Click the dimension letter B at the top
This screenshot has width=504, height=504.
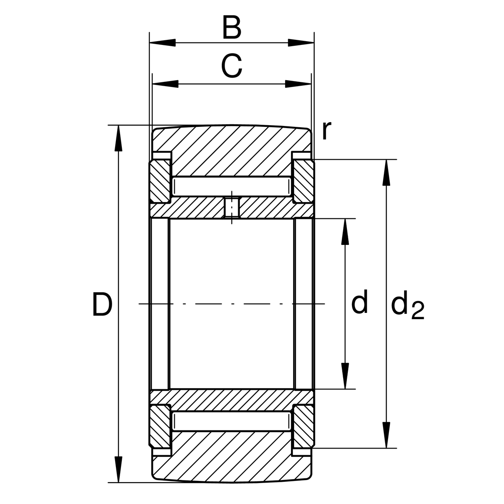[x=232, y=27]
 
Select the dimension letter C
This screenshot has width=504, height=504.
[x=231, y=66]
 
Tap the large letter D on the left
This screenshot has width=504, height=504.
[x=102, y=304]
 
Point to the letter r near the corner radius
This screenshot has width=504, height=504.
[x=327, y=130]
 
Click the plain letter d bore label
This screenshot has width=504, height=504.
[x=360, y=301]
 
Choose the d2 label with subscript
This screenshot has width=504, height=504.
[x=407, y=304]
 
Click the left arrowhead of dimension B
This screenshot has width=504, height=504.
[x=163, y=43]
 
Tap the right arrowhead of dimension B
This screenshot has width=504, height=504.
[x=301, y=43]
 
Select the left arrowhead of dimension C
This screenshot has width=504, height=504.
[x=165, y=84]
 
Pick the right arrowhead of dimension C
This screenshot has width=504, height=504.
[x=298, y=84]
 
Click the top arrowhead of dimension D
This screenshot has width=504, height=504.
[x=118, y=138]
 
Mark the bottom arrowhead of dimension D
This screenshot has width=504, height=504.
[x=118, y=469]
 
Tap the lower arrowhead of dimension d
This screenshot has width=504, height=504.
[x=345, y=376]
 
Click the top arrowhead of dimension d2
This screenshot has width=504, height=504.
[x=386, y=173]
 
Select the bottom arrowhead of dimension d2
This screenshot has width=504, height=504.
[x=386, y=435]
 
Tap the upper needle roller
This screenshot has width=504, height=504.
[x=232, y=186]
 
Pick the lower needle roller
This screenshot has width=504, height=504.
[x=232, y=421]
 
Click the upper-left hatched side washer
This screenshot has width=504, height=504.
[x=160, y=182]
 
